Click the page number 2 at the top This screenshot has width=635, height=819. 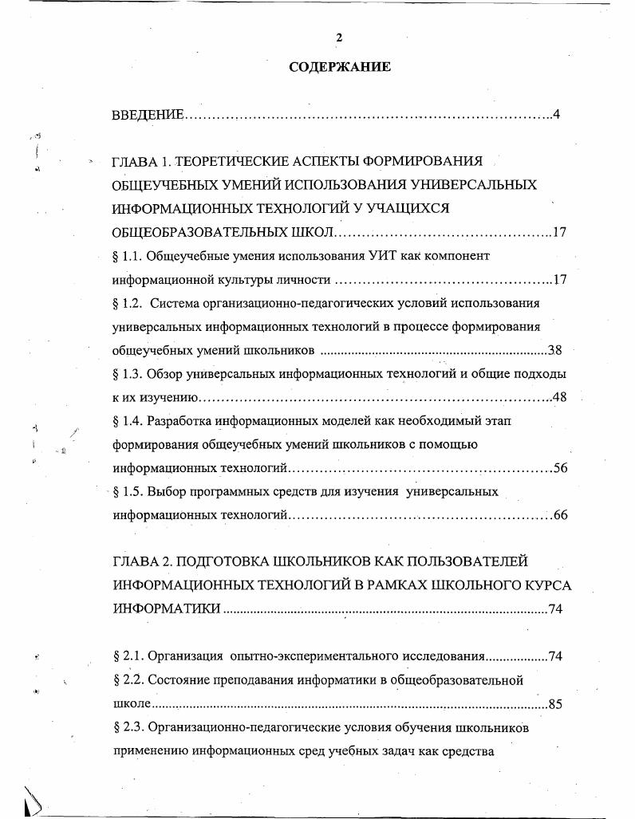[x=339, y=37]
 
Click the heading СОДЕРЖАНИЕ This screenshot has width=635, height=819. [x=340, y=67]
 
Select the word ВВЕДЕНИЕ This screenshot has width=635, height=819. [x=148, y=115]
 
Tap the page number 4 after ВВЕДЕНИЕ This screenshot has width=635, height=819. [x=556, y=115]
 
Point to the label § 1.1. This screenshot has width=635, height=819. [x=128, y=256]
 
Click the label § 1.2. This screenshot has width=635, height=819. [x=128, y=303]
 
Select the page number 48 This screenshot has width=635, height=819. [x=558, y=397]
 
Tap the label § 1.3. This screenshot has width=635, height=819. [x=128, y=373]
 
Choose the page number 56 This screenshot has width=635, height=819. [x=559, y=468]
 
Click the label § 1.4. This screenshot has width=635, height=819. [x=128, y=420]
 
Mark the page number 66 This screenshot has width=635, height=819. [x=559, y=515]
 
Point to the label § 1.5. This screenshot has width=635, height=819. [x=128, y=491]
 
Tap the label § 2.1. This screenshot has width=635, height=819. [x=128, y=656]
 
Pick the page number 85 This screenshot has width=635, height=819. [x=556, y=705]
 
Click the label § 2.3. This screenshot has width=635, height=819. [x=128, y=727]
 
